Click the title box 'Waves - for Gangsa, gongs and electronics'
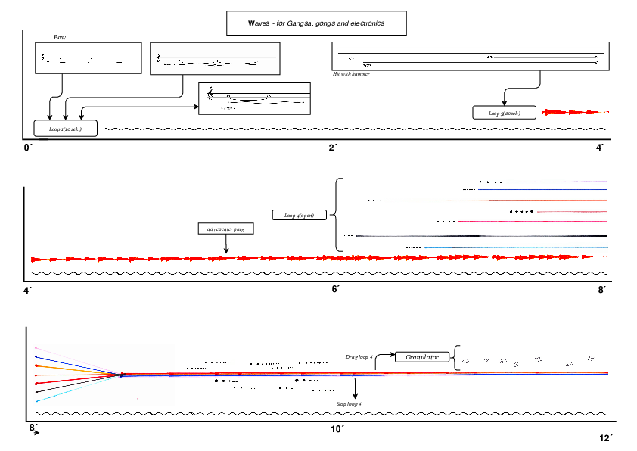pyautogui.click(x=316, y=23)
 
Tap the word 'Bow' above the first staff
pyautogui.click(x=60, y=37)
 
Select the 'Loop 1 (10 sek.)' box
pyautogui.click(x=66, y=129)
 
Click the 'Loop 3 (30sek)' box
pyautogui.click(x=505, y=113)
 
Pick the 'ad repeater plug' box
pyautogui.click(x=225, y=228)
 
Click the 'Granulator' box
pyautogui.click(x=422, y=356)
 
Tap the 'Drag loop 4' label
pyautogui.click(x=359, y=356)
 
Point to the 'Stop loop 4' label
pyautogui.click(x=350, y=405)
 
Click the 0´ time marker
pyautogui.click(x=29, y=147)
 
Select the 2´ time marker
pyautogui.click(x=333, y=147)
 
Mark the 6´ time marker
pyautogui.click(x=335, y=289)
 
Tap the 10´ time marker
pyautogui.click(x=337, y=430)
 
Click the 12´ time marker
pyautogui.click(x=604, y=438)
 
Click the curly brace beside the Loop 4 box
pyautogui.click(x=337, y=215)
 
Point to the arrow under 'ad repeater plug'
pyautogui.click(x=225, y=245)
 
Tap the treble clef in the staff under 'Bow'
pyautogui.click(x=43, y=56)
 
